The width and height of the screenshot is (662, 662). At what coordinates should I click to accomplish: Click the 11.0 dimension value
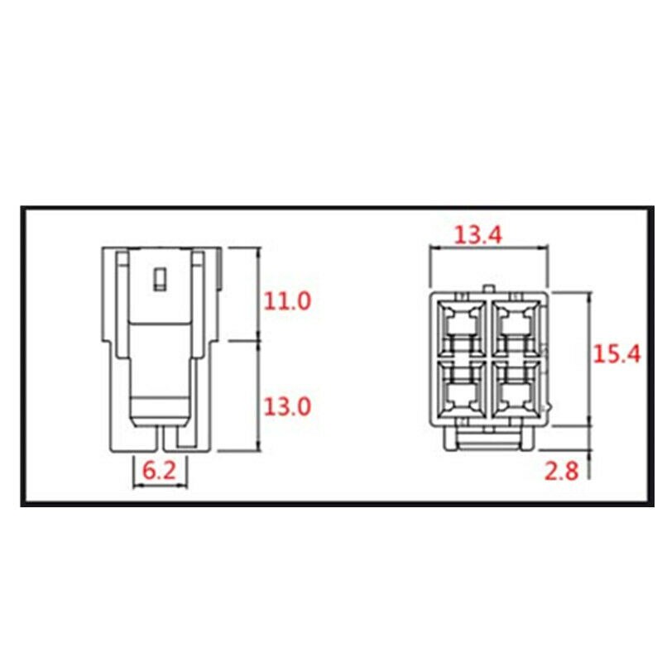[287, 300]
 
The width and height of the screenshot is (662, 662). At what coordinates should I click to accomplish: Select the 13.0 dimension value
[287, 406]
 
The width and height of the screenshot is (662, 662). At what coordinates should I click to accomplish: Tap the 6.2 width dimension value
[160, 470]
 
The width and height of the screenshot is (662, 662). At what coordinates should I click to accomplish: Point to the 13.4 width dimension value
[477, 235]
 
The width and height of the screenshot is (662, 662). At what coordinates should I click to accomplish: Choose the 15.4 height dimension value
[617, 354]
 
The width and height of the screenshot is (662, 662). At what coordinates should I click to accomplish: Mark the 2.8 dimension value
[561, 472]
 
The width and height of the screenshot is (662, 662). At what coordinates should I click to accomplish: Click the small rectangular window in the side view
[161, 279]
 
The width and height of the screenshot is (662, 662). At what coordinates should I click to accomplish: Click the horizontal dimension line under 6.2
[161, 485]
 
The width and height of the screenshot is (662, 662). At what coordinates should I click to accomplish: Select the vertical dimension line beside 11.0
[260, 294]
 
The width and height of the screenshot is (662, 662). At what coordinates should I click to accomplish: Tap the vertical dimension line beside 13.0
[260, 396]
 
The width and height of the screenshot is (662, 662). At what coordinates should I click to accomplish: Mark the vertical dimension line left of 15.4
[588, 358]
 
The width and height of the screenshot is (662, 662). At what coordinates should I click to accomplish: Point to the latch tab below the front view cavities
[488, 436]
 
